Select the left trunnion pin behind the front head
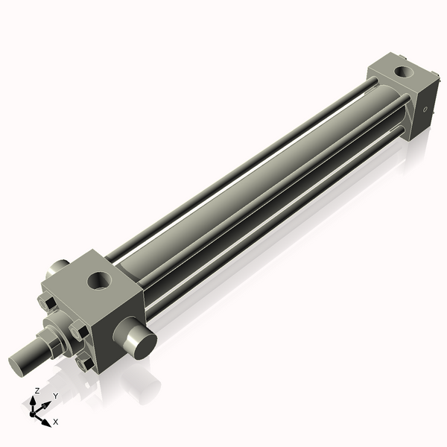tap(59, 266)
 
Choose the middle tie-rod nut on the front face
tap(77, 329)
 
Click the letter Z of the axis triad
tap(37, 390)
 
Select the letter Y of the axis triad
tap(55, 396)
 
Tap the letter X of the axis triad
tap(55, 422)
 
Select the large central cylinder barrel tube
tap(246, 186)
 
